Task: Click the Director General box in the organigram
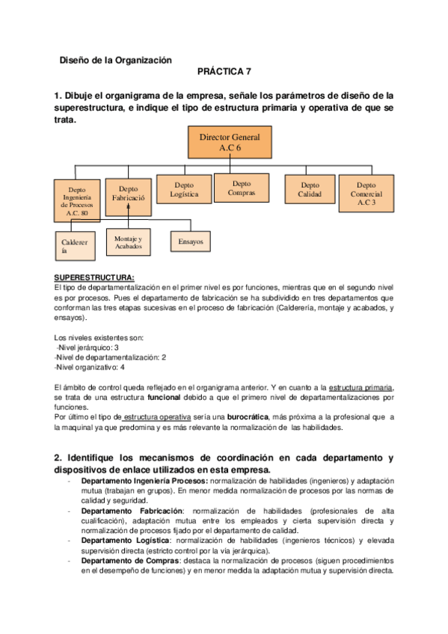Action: click(230, 143)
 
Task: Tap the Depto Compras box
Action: click(241, 188)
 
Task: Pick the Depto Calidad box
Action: click(309, 190)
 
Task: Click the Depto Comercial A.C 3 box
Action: click(366, 194)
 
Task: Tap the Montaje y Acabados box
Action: click(128, 241)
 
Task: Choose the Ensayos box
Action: click(191, 242)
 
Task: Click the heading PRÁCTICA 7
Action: click(224, 72)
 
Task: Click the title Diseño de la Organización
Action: click(115, 60)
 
